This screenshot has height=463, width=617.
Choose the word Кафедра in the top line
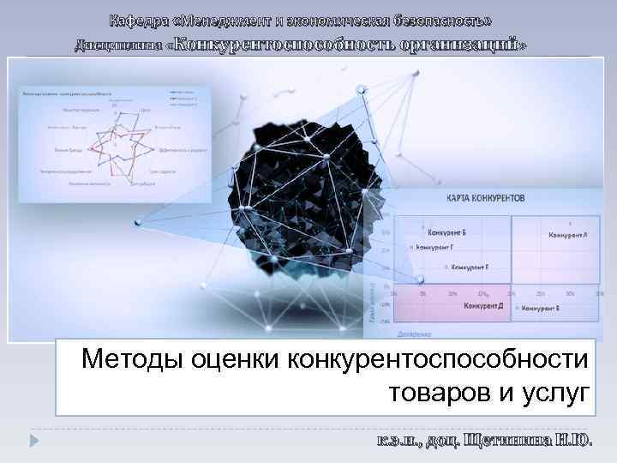pos(141,20)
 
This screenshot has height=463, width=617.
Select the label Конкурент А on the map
pos(567,233)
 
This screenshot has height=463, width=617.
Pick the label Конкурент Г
pos(435,247)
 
